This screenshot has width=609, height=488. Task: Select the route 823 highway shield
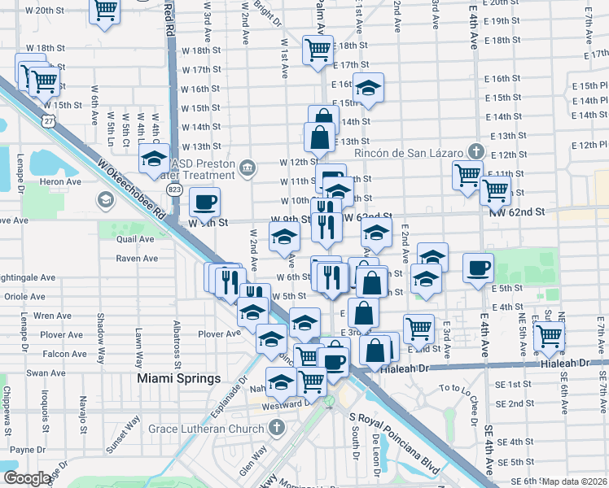pos(175,189)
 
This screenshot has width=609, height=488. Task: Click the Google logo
pos(28,478)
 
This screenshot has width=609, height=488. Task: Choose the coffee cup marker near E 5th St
pos(478,267)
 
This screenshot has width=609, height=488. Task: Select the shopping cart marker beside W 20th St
pos(103,11)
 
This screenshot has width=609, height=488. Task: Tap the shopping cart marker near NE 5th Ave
pos(550,335)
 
